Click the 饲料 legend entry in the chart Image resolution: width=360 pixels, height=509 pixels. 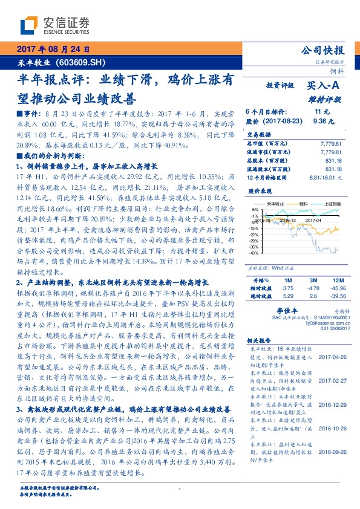pyautogui.click(x=296, y=205)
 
